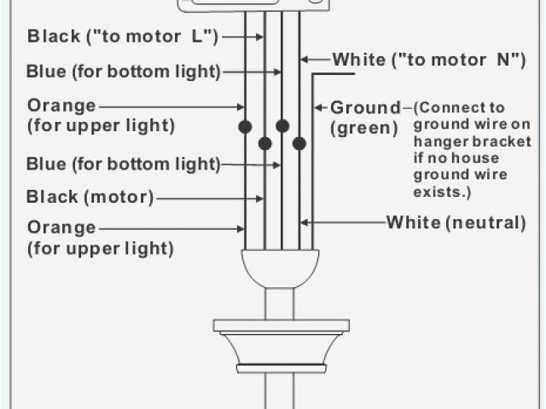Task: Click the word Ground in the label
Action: [364, 108]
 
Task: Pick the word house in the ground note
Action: [485, 158]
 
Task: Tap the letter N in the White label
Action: [504, 60]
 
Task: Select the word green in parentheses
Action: [364, 129]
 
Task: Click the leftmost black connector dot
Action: [245, 127]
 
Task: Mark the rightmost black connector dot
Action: [299, 143]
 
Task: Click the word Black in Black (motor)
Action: [53, 198]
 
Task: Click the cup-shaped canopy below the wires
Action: [280, 268]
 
